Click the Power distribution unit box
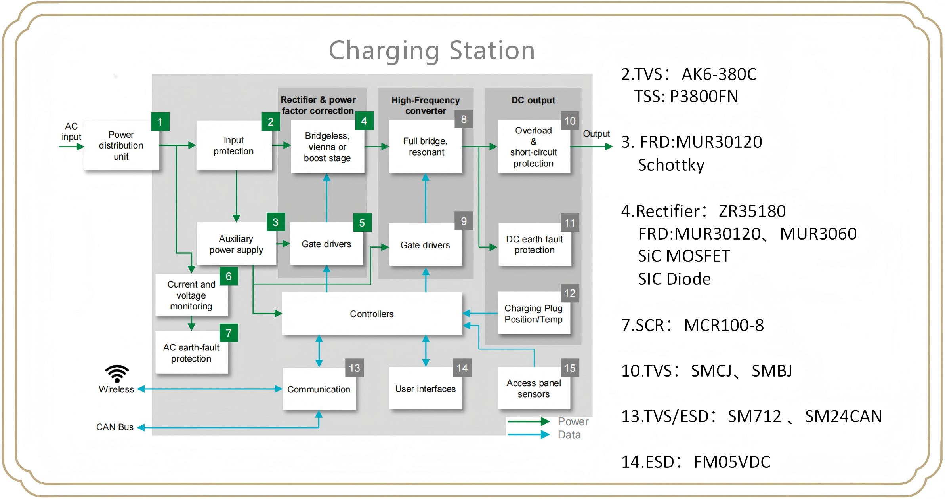click(121, 145)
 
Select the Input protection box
click(234, 145)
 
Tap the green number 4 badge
click(364, 121)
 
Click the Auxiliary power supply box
click(236, 244)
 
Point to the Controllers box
click(372, 314)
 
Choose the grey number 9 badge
click(464, 221)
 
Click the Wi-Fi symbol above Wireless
click(117, 373)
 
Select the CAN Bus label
click(115, 427)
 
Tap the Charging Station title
click(432, 50)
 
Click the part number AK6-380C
click(719, 74)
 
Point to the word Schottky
click(671, 165)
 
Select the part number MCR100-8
click(724, 325)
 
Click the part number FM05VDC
click(732, 462)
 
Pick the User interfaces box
click(426, 389)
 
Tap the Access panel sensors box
click(534, 389)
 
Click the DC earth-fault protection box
click(535, 244)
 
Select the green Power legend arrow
click(528, 421)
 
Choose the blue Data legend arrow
click(528, 435)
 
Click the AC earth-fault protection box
click(191, 353)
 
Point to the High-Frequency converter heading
click(426, 105)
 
